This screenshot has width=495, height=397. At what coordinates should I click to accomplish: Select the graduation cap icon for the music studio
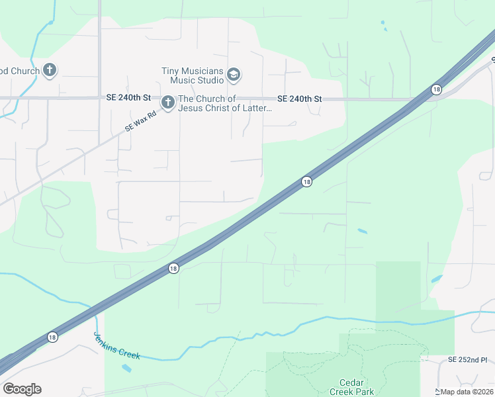click(x=233, y=75)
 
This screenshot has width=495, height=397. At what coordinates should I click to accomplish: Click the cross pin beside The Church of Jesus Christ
click(x=168, y=103)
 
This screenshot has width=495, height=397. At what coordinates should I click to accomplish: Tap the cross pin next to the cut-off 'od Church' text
click(x=50, y=70)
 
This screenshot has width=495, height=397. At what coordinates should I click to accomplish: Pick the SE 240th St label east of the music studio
click(x=299, y=99)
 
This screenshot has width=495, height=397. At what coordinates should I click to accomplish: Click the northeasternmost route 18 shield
click(x=436, y=89)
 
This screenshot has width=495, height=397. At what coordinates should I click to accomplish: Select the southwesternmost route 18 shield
click(x=52, y=337)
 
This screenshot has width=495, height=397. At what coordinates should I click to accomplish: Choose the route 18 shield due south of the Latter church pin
click(x=173, y=268)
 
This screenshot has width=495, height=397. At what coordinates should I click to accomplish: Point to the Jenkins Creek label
click(x=116, y=345)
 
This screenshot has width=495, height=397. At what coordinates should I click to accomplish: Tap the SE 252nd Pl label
click(x=467, y=360)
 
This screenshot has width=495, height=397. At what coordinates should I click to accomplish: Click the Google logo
click(x=22, y=389)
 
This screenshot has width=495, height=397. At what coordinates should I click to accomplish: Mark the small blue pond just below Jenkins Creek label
click(x=126, y=368)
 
